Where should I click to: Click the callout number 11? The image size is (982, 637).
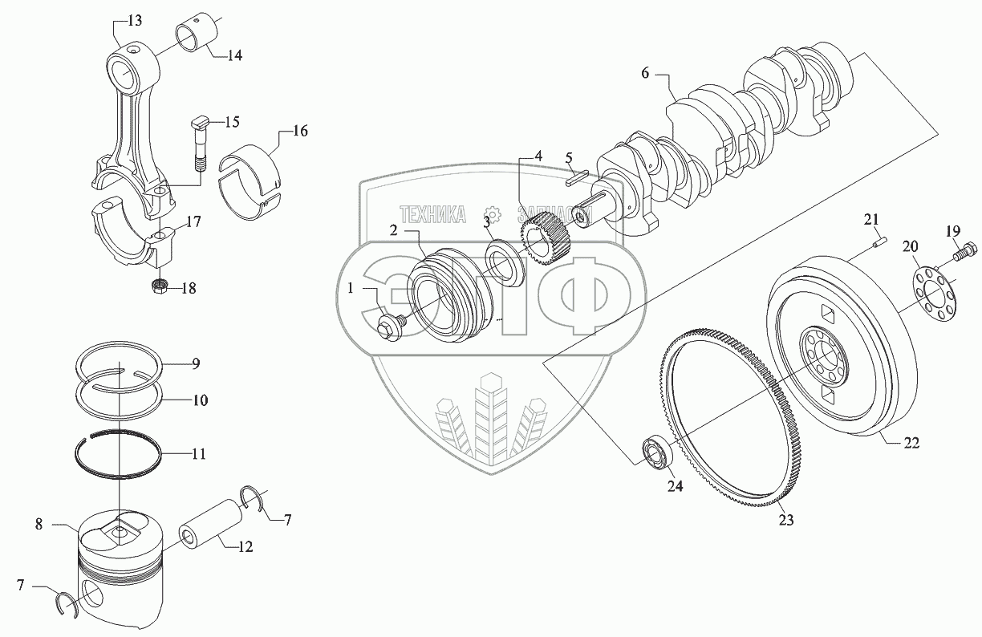point(199,454)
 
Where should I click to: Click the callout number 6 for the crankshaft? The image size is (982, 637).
point(645,73)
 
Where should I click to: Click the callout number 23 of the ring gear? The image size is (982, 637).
point(785,520)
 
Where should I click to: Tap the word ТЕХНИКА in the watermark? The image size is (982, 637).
point(432,214)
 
